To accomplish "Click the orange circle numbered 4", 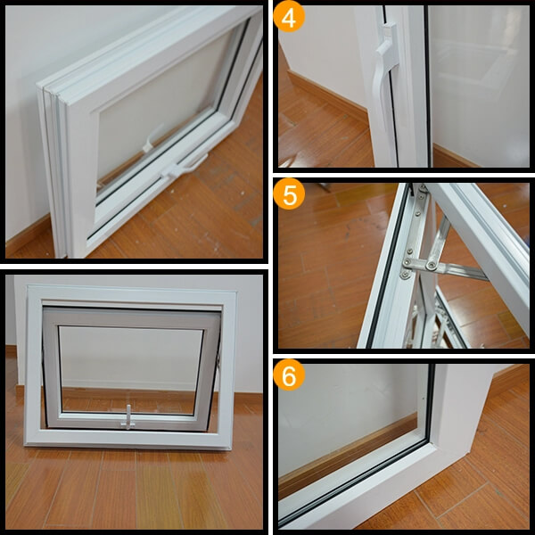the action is tap(289, 16).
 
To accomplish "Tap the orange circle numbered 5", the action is tap(289, 193).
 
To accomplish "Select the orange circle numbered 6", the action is tap(289, 374).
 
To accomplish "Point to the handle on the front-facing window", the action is tap(128, 417).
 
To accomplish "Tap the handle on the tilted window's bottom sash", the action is tap(185, 168).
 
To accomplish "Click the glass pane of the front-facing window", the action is tap(131, 370).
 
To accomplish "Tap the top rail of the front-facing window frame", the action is tap(132, 293).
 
